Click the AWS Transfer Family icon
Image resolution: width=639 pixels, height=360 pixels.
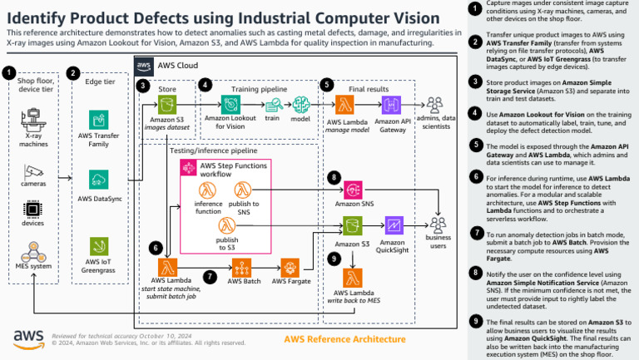[x=98, y=120]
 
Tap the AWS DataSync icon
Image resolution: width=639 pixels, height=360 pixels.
[x=98, y=180]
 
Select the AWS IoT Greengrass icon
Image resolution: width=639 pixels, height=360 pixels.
[x=98, y=247]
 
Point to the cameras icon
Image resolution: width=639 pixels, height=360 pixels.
[x=33, y=172]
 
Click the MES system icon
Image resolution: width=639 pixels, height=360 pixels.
[x=33, y=250]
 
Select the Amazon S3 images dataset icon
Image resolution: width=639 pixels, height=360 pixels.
[x=169, y=105]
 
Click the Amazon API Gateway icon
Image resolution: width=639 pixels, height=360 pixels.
[x=394, y=105]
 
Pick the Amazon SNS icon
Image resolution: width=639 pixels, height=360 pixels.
[x=354, y=187]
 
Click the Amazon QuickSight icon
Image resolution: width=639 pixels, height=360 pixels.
[x=394, y=225]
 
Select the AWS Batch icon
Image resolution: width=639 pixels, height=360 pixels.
[x=244, y=267]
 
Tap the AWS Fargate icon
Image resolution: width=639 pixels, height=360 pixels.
[x=292, y=267]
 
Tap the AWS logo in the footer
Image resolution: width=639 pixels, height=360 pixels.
[x=27, y=338]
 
